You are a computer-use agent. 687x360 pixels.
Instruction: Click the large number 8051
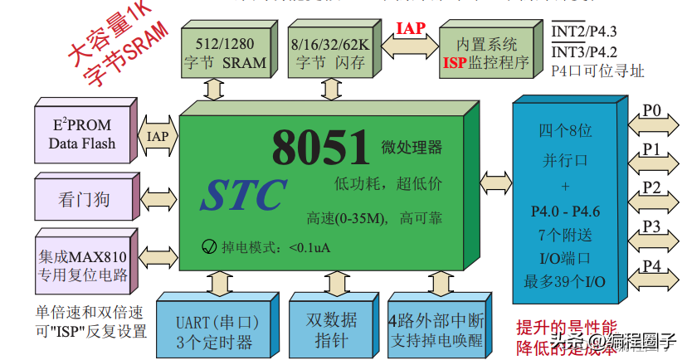tap(320, 148)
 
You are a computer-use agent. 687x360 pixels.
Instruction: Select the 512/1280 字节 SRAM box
tap(223, 51)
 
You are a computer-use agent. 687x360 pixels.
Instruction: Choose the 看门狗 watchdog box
tap(83, 198)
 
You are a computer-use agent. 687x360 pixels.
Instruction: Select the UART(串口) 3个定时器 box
tap(218, 328)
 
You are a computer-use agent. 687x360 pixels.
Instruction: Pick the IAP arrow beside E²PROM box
tap(158, 135)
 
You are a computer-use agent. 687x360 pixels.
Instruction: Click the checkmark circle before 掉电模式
tap(209, 246)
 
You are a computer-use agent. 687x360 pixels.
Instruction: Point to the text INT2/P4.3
tap(585, 31)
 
